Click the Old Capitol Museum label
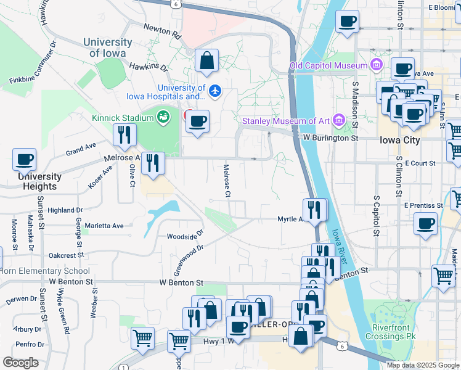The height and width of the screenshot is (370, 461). pyautogui.click(x=328, y=65)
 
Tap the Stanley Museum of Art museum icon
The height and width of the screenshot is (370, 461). pyautogui.click(x=338, y=120)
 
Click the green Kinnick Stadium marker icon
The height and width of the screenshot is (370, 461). pyautogui.click(x=163, y=117)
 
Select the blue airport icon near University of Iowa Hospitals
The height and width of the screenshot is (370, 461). pyautogui.click(x=214, y=91)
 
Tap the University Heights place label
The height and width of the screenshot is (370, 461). pyautogui.click(x=39, y=181)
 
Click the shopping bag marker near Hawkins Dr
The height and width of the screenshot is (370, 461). pyautogui.click(x=207, y=60)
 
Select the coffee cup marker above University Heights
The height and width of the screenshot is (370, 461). pyautogui.click(x=24, y=160)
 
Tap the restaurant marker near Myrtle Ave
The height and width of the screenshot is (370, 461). pyautogui.click(x=314, y=210)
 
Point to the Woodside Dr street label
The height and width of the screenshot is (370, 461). pyautogui.click(x=185, y=236)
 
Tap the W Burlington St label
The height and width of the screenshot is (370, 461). pyautogui.click(x=330, y=139)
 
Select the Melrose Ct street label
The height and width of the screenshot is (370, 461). pyautogui.click(x=227, y=181)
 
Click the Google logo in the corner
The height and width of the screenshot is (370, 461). pyautogui.click(x=20, y=363)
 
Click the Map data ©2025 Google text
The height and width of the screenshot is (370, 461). pyautogui.click(x=423, y=365)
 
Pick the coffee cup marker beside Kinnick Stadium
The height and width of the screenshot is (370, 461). pyautogui.click(x=197, y=121)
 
